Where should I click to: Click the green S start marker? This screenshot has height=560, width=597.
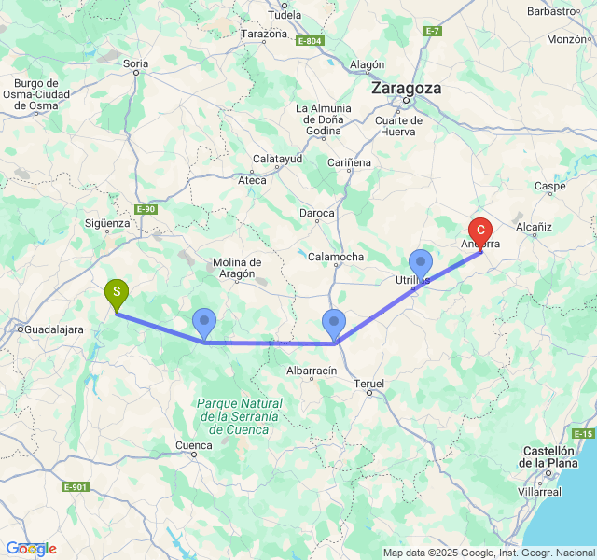pos(117,294)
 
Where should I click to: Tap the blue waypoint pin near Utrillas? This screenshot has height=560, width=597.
pos(421,264)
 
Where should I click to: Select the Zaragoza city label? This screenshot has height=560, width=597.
pos(406,88)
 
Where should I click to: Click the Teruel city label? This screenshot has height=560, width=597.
pos(370,384)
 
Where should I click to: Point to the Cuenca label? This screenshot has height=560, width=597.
pos(193,446)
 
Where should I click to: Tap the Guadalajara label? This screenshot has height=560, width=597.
pos(53,329)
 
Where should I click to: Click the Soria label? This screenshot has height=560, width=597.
pos(136,64)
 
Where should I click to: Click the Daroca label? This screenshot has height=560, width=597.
pos(317,213)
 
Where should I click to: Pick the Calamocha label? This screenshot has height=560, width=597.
pos(336,256)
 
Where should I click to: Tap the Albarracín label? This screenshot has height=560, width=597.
pos(311,371)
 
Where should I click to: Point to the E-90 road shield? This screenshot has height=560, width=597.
pos(146,209)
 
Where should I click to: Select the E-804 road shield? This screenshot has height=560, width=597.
pos(311,41)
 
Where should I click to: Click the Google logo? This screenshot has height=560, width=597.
pos(31,549)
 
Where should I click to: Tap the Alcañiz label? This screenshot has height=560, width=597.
pos(535,227)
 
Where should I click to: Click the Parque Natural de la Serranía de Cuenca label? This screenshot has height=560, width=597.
pos(239,415)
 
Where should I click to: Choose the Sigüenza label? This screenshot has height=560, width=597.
pos(107,223)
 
